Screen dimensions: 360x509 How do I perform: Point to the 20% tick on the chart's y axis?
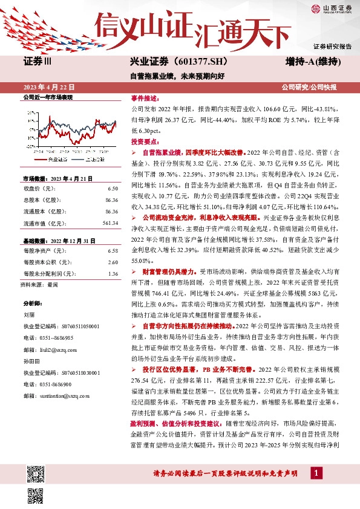30,112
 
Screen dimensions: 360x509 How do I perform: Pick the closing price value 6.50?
113,189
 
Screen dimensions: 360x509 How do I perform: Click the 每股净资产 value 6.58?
113,250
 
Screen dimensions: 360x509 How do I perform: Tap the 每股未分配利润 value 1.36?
113,274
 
